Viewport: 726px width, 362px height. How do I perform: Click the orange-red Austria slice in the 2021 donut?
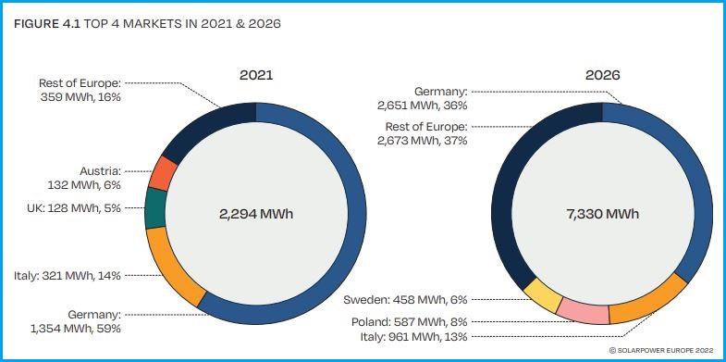click(165, 173)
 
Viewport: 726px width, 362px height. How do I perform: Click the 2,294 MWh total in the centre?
click(255, 213)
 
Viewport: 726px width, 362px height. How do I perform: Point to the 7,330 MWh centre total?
click(602, 213)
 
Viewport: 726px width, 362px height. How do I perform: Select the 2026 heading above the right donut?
click(602, 73)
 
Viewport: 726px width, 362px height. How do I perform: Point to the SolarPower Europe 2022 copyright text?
click(660, 350)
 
